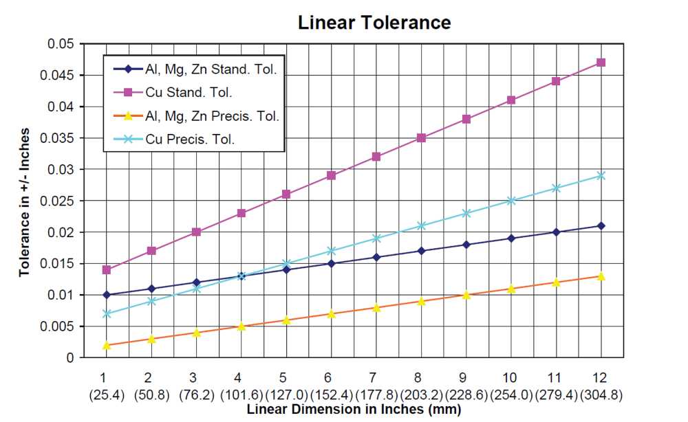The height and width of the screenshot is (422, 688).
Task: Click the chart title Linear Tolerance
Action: click(374, 23)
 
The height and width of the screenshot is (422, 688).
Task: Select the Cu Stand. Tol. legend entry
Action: click(173, 93)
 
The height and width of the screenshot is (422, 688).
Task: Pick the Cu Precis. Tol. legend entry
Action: click(174, 140)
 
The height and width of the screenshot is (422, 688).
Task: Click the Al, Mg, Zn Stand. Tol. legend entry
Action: click(195, 69)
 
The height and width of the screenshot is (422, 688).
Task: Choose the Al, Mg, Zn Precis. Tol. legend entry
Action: click(196, 116)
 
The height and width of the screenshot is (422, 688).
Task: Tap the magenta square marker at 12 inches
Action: click(601, 63)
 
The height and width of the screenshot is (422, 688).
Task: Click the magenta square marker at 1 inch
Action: click(106, 270)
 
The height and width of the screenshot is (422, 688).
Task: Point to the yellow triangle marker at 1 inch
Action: click(106, 345)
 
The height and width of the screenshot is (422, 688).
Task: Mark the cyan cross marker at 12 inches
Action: click(601, 176)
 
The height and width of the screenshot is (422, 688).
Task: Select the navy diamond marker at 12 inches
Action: click(601, 225)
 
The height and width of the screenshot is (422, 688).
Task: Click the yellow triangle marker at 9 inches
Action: click(466, 295)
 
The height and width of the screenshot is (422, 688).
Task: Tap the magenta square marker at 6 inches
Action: click(332, 176)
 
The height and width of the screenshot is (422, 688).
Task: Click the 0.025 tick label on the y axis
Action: click(57, 201)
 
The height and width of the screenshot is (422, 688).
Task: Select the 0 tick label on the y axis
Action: click(70, 358)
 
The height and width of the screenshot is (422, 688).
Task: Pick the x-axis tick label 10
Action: click(509, 378)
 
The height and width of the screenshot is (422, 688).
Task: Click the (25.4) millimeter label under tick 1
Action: click(107, 395)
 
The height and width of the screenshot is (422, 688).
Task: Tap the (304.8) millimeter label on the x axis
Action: click(601, 395)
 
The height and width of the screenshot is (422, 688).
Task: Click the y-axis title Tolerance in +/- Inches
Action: click(24, 202)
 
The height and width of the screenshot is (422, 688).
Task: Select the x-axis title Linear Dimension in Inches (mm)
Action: click(354, 410)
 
